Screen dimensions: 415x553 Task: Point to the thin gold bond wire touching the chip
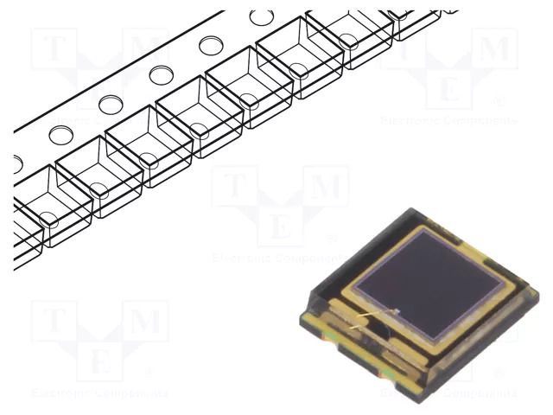pos(378,317)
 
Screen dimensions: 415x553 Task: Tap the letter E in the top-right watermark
pos(450,89)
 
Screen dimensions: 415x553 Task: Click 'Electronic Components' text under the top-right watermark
pos(450,121)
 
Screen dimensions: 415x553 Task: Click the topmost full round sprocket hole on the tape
pos(262,17)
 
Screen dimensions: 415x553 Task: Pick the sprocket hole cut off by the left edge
pos(17,163)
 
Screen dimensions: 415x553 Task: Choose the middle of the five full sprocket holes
pos(161,75)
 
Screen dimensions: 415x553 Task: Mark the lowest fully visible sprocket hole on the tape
pos(60,135)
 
